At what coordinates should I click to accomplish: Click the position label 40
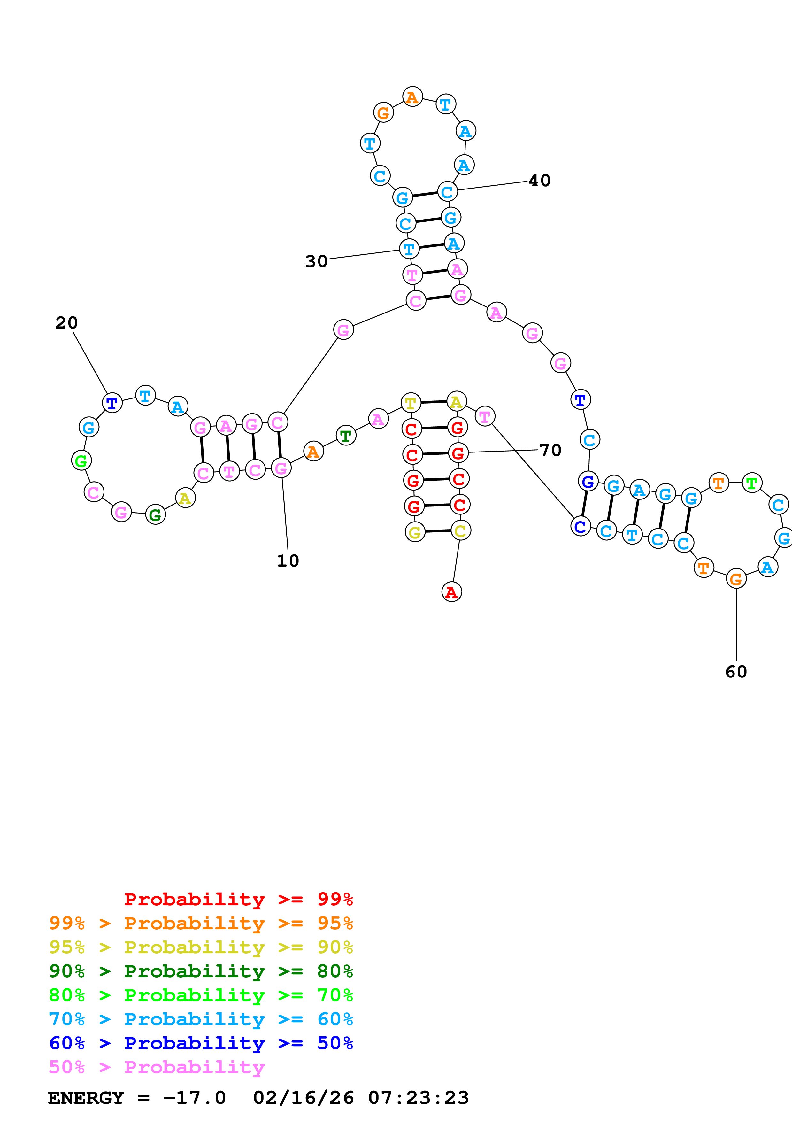click(x=539, y=181)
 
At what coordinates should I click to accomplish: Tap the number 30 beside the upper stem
click(x=316, y=261)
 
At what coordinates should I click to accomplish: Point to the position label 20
click(x=66, y=323)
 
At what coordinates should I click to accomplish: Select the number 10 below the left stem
click(x=288, y=560)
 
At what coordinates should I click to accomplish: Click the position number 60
click(x=736, y=672)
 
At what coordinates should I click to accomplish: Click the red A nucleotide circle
click(x=451, y=592)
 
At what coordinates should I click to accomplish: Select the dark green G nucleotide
click(x=155, y=514)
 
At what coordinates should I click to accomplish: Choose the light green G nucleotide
click(x=81, y=460)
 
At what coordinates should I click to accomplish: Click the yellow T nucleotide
click(x=411, y=403)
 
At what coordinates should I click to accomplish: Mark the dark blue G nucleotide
click(x=588, y=481)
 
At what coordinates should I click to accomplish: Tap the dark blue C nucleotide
click(x=580, y=526)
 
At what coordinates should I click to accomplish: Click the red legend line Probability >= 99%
click(x=238, y=899)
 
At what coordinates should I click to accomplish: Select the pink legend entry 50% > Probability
click(x=157, y=1067)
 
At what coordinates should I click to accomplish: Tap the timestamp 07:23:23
click(x=418, y=1098)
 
